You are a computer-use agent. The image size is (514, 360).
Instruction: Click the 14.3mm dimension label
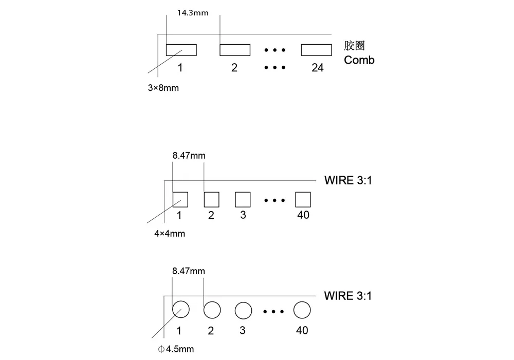coord(193,13)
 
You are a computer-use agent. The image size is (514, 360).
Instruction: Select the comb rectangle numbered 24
coord(316,44)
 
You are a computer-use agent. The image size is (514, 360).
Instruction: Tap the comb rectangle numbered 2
coord(235,44)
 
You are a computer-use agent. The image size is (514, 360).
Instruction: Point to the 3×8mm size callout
coord(163,88)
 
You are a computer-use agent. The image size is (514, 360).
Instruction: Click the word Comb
coord(359,60)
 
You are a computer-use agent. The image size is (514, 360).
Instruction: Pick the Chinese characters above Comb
coord(354,46)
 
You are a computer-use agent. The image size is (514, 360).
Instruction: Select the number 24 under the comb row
coord(317,68)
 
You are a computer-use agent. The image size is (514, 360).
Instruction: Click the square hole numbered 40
coord(303,192)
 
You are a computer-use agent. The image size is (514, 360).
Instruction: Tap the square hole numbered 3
coord(243,192)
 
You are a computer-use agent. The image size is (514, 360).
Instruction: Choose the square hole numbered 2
coord(211,192)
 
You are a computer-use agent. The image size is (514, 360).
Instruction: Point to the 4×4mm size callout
coord(170,234)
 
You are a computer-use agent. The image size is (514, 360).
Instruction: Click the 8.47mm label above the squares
coord(189,156)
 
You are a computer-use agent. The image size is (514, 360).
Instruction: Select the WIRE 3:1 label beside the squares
coord(348,180)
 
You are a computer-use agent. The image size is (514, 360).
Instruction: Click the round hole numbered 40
coord(302,301)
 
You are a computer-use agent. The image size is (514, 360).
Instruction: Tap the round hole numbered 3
coord(243,302)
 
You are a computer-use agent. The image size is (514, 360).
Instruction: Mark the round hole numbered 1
coord(180,301)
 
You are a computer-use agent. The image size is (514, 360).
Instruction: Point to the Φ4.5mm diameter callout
coord(176,349)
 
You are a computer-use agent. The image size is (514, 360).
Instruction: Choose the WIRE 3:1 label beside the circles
coord(348,296)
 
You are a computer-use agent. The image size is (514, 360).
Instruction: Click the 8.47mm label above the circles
coord(189,271)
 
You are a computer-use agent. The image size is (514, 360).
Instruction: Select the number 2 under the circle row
coord(211,331)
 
